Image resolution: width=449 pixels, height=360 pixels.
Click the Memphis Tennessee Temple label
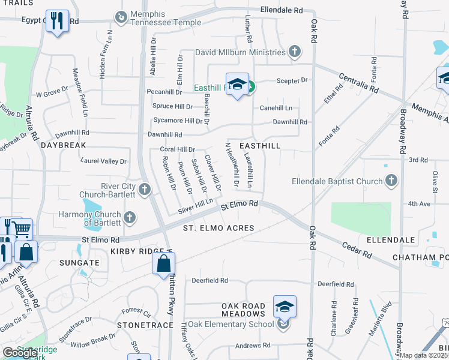[x=160, y=18]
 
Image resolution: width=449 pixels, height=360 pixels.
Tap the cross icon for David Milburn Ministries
[x=294, y=52]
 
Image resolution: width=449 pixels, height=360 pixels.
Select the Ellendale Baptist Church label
[x=338, y=181]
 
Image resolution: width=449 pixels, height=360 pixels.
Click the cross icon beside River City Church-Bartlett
[x=144, y=190]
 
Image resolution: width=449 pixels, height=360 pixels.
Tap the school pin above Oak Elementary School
[x=285, y=308]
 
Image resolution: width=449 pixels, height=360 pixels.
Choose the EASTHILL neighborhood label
[x=260, y=146]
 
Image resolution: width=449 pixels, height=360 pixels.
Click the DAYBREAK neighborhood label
[x=64, y=145]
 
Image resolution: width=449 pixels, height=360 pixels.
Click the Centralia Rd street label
[x=359, y=83]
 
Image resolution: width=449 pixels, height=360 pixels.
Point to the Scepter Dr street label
[x=292, y=80]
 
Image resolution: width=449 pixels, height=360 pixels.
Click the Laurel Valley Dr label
[x=103, y=161]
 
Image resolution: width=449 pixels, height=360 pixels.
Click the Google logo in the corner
[x=20, y=353]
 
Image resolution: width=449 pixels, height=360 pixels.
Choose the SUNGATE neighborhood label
[x=79, y=263]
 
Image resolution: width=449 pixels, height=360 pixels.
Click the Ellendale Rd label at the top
[x=282, y=10]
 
